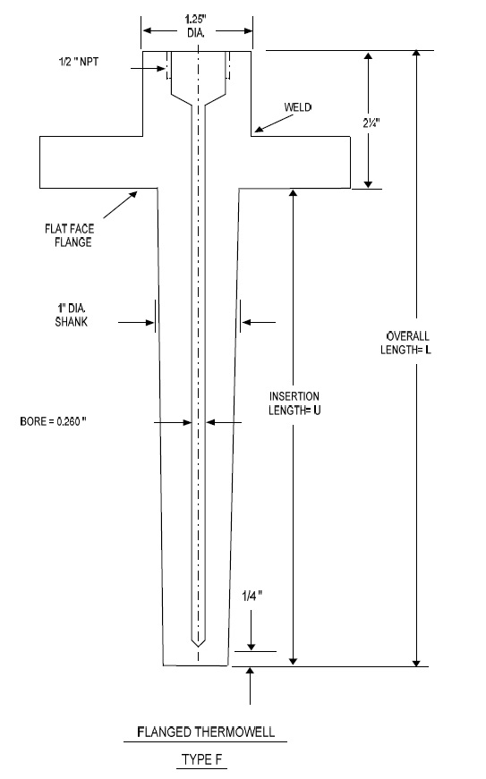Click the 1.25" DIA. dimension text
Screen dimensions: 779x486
[x=197, y=26]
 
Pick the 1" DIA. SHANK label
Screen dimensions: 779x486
[x=69, y=315]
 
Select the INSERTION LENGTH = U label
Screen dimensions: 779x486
[x=294, y=402]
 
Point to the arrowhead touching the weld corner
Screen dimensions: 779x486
[x=258, y=131]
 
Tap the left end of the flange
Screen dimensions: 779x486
[x=40, y=162]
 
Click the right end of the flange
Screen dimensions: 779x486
[x=349, y=162]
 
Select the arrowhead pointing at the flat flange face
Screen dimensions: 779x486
[x=133, y=193]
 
